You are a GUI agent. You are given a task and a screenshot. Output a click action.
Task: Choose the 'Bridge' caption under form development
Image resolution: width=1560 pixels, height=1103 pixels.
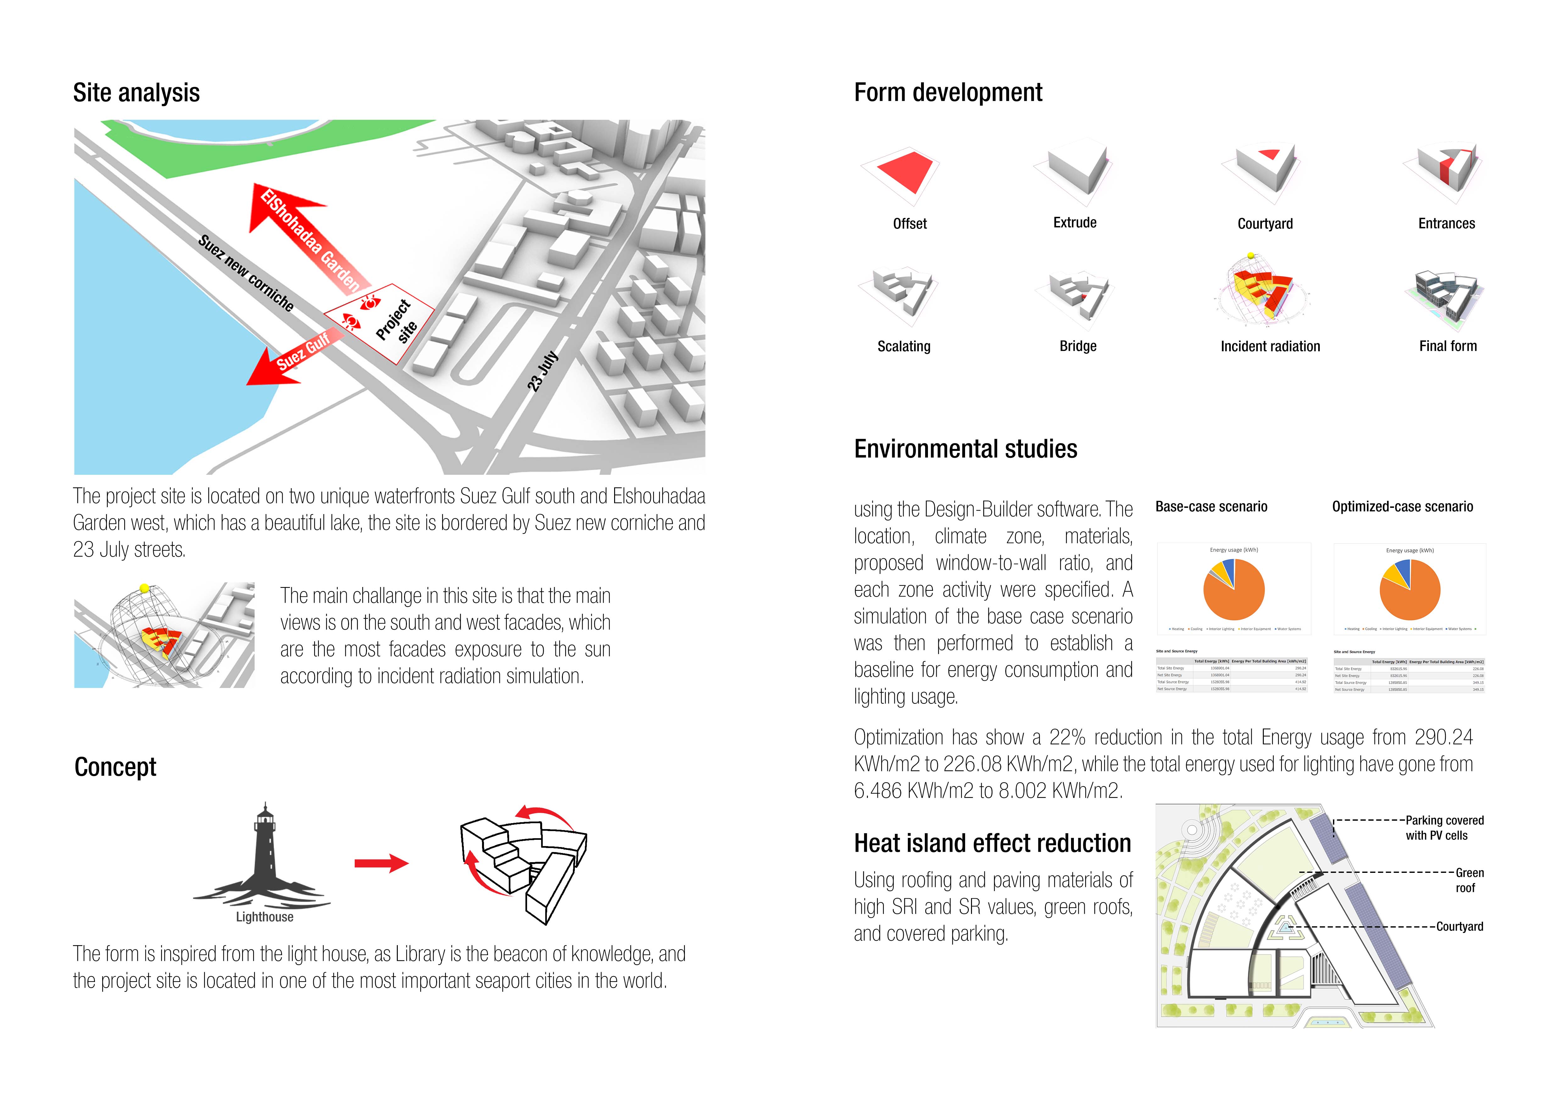click(1078, 346)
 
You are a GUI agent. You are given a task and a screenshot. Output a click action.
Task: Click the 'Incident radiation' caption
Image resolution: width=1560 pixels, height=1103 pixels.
click(1270, 346)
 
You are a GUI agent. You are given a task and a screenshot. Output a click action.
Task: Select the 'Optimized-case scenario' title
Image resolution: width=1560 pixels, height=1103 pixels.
click(1402, 507)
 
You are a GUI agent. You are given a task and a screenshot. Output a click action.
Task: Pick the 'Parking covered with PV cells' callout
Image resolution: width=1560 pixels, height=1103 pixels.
click(1444, 828)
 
